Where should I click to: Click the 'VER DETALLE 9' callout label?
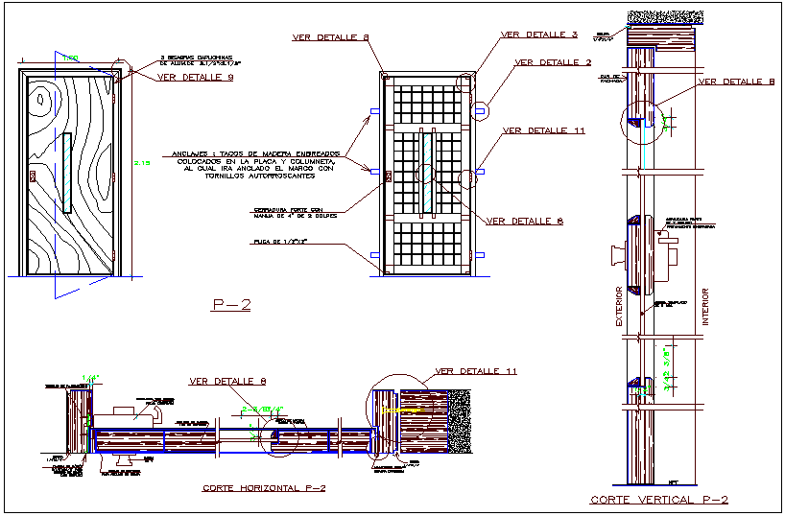(x=195, y=78)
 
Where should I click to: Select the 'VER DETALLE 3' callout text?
(x=538, y=35)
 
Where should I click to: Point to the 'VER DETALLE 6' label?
(x=524, y=222)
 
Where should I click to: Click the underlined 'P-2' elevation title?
(x=230, y=306)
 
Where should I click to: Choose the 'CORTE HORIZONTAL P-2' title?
(x=264, y=488)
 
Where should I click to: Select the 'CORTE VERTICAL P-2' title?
(x=658, y=500)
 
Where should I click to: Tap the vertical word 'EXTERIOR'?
(x=619, y=307)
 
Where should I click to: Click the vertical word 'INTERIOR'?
(x=704, y=306)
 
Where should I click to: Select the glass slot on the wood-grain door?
(x=66, y=173)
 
